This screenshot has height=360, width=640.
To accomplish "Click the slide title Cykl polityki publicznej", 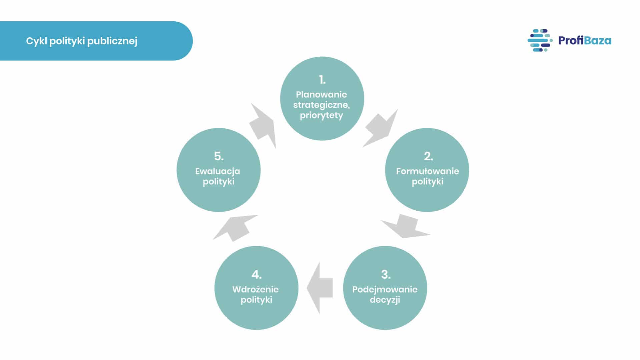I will pyautogui.click(x=82, y=41).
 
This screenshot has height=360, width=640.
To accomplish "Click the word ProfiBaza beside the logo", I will pyautogui.click(x=585, y=40).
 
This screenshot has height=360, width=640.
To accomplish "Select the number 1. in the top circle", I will pyautogui.click(x=322, y=80).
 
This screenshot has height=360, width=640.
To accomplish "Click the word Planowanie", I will pyautogui.click(x=322, y=94).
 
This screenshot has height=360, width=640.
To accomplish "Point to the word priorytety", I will pyautogui.click(x=322, y=115).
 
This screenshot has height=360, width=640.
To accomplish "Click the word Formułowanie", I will pyautogui.click(x=428, y=171).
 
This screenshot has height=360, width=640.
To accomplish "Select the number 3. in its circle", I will pyautogui.click(x=386, y=274).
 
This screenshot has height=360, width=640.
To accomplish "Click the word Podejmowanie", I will pyautogui.click(x=385, y=289).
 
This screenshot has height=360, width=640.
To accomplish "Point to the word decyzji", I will pyautogui.click(x=385, y=300).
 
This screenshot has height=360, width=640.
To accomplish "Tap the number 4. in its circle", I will pyautogui.click(x=256, y=274).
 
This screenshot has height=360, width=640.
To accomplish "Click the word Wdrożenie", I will pyautogui.click(x=255, y=289).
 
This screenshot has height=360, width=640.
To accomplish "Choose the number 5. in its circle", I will pyautogui.click(x=219, y=156).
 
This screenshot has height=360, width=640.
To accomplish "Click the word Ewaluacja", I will pyautogui.click(x=217, y=171).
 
